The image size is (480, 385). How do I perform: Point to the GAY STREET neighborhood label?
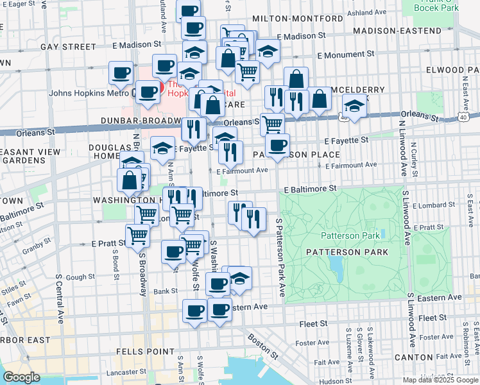pyautogui.click(x=67, y=47)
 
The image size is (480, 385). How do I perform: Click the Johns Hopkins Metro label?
pyautogui.click(x=89, y=93)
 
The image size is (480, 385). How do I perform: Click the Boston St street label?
pyautogui.click(x=263, y=346)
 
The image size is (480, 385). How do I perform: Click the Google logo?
pyautogui.click(x=21, y=377)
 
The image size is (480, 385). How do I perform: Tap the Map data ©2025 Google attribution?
pyautogui.click(x=440, y=379)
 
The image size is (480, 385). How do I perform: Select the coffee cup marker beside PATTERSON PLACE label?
pyautogui.click(x=277, y=146)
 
